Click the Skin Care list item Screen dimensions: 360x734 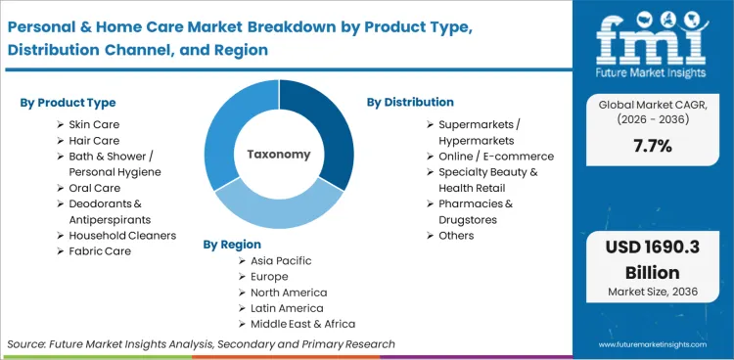(95, 124)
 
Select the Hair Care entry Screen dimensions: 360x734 (95, 140)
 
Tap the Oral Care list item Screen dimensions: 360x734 (95, 188)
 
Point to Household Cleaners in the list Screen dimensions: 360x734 (122, 235)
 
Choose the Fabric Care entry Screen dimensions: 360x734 (100, 250)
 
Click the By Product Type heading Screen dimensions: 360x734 (69, 103)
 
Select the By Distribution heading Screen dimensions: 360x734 (410, 102)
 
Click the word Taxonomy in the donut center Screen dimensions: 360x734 (278, 154)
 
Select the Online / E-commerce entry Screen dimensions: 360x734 (496, 156)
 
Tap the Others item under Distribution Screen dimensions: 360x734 (456, 235)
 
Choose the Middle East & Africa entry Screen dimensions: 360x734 (303, 324)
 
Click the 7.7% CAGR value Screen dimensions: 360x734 (652, 146)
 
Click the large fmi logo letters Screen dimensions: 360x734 (652, 39)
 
